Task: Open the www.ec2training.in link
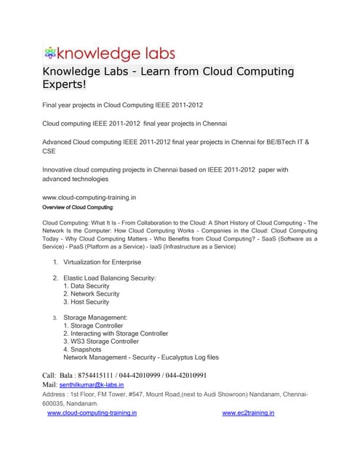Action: point(248,413)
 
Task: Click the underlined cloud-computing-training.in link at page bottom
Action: point(92,413)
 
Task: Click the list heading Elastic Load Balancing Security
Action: point(109,278)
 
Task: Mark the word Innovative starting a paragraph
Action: point(60,169)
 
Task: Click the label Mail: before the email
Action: point(49,384)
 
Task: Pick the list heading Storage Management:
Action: point(95,318)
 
